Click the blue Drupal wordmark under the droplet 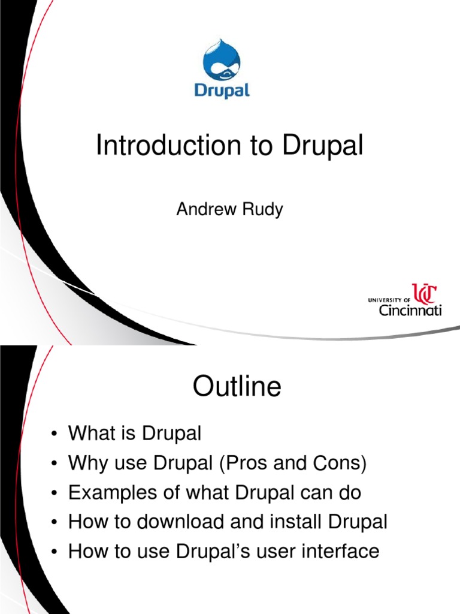pos(222,91)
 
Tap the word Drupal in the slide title pos(324,146)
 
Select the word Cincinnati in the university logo pos(410,311)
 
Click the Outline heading pos(237,387)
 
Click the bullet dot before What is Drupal pos(55,434)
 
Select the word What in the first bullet pos(89,433)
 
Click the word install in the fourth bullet pos(290,522)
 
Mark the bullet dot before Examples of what pos(55,493)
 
